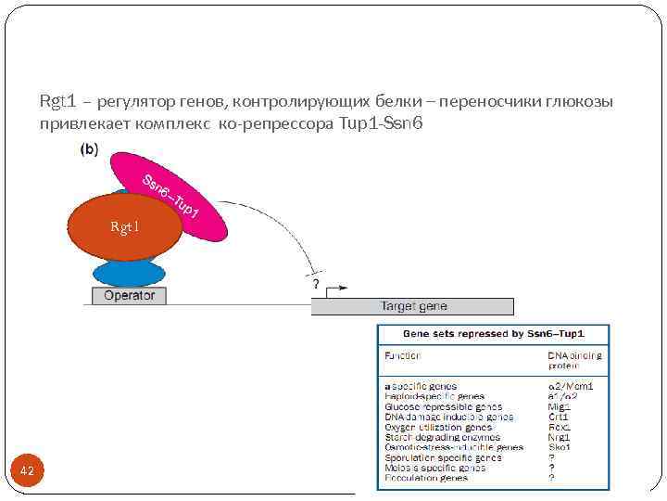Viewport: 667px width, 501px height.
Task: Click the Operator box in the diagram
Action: (x=129, y=295)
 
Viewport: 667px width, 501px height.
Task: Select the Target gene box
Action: (x=413, y=306)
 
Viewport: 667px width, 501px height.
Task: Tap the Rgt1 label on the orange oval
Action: (x=124, y=226)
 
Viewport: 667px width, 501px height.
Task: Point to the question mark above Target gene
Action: (x=316, y=283)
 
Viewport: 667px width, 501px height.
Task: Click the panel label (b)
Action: (x=90, y=148)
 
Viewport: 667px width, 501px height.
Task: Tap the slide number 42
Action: (x=27, y=471)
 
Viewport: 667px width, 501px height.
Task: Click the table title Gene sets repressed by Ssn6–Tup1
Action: (x=493, y=333)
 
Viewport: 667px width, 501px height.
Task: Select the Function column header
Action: (x=402, y=355)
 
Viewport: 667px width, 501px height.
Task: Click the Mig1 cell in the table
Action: (x=560, y=406)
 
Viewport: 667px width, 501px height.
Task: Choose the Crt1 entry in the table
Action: (x=559, y=417)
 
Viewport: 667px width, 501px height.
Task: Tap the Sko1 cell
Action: (x=560, y=447)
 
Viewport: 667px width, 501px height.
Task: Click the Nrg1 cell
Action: (x=560, y=437)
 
